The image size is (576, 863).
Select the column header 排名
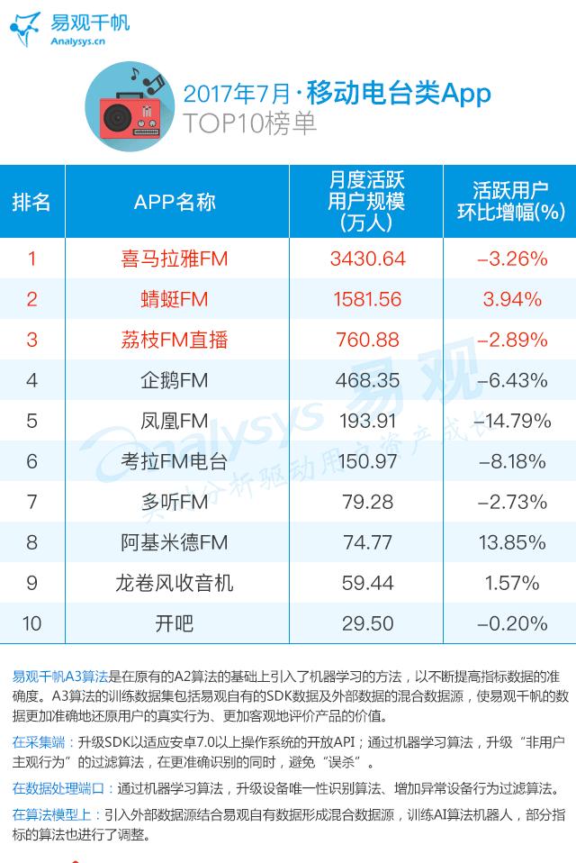(x=31, y=202)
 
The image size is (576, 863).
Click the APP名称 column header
(x=175, y=202)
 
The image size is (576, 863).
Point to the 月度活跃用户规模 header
(x=365, y=202)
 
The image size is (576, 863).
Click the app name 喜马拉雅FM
(x=175, y=259)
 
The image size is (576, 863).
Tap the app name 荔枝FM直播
(x=175, y=340)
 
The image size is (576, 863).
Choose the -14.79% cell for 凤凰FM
(x=510, y=421)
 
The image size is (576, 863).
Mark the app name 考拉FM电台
(x=175, y=461)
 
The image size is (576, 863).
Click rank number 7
(x=32, y=502)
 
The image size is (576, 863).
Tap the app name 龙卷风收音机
(x=175, y=583)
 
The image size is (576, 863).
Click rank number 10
(x=32, y=623)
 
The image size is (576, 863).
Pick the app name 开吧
(x=175, y=623)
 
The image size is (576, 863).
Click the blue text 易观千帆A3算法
(x=60, y=676)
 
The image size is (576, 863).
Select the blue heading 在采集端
(x=39, y=743)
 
